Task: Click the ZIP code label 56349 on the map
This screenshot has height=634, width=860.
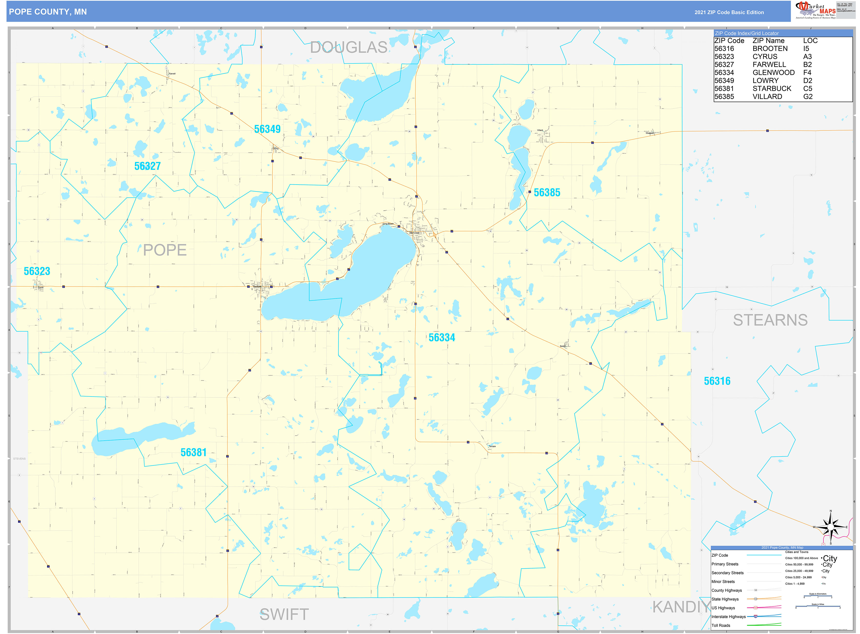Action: pyautogui.click(x=267, y=129)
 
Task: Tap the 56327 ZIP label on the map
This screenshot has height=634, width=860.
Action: pyautogui.click(x=147, y=166)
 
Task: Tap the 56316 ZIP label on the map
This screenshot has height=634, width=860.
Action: pyautogui.click(x=717, y=381)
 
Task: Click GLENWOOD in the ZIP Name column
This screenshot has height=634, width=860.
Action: pyautogui.click(x=773, y=72)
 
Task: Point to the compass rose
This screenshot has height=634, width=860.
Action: pyautogui.click(x=831, y=527)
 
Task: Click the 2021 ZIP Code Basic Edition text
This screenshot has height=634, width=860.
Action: pyautogui.click(x=729, y=12)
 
